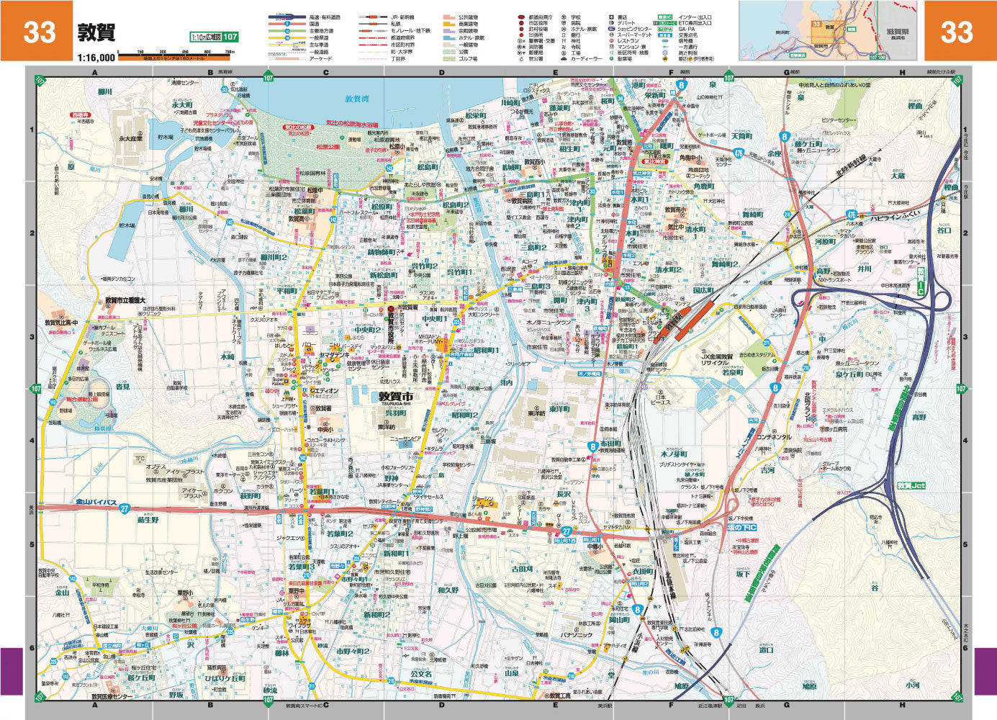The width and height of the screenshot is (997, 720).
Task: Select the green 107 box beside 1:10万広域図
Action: click(x=230, y=37)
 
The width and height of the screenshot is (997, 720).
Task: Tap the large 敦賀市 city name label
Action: click(x=396, y=396)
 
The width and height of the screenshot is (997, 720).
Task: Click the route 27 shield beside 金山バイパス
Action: click(x=125, y=508)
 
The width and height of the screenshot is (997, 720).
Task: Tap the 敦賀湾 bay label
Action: click(x=356, y=99)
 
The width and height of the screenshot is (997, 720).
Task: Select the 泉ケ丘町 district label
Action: click(x=849, y=374)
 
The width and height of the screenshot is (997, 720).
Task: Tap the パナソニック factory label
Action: click(x=577, y=635)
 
